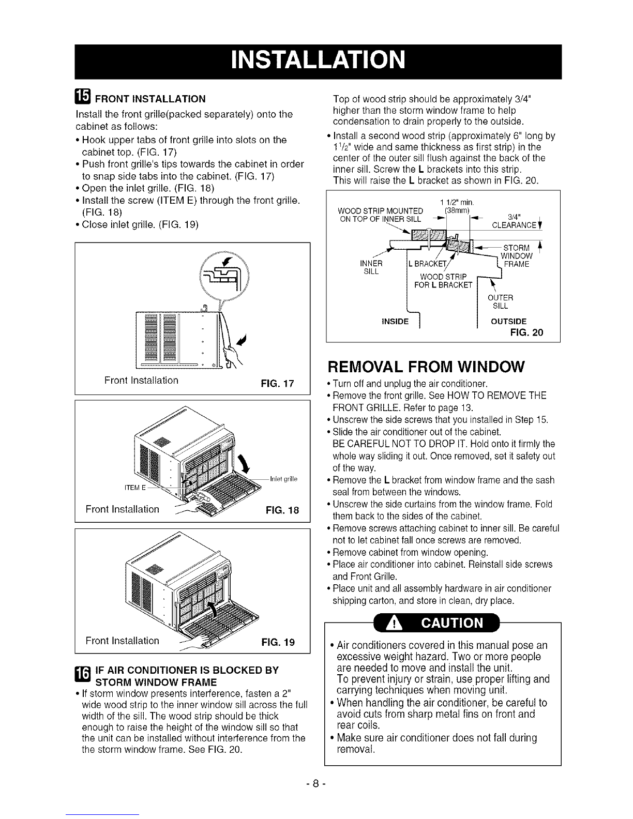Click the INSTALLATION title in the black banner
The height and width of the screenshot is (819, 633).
tap(318, 60)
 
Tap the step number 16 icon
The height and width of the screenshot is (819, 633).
tap(83, 674)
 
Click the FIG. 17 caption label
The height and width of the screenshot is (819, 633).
tap(277, 384)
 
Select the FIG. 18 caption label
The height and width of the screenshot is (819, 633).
tap(282, 510)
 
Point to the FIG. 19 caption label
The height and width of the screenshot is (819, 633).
tap(278, 642)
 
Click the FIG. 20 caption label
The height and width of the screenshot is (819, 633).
tap(526, 332)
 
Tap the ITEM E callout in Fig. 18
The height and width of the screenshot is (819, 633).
tap(134, 488)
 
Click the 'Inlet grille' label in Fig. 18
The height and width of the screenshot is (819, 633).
tap(283, 479)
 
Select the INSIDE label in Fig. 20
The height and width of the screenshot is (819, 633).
tap(395, 322)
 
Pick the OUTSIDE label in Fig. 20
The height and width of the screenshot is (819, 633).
tap(508, 322)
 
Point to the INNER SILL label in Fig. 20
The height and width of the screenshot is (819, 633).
tap(371, 267)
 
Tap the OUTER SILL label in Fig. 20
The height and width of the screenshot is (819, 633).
tap(500, 302)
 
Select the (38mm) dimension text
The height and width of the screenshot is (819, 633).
tap(457, 210)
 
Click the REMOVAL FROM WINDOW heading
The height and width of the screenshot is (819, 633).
tap(426, 367)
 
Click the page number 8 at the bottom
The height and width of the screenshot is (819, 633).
tap(316, 783)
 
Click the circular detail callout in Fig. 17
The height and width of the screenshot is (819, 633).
tap(224, 276)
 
